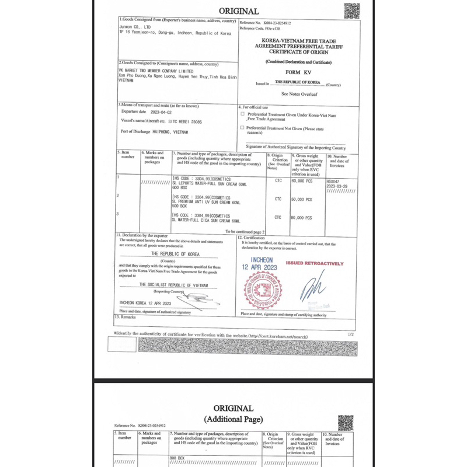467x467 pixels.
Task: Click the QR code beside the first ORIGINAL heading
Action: [351, 11]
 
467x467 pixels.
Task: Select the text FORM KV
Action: [298, 71]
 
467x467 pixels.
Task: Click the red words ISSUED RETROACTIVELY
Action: [315, 263]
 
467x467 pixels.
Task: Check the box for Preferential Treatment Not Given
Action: [243, 127]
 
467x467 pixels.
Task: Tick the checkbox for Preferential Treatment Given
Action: [243, 115]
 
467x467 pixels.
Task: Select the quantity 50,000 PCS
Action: [301, 199]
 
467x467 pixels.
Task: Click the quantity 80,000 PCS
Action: [301, 218]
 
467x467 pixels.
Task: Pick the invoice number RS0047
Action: [334, 181]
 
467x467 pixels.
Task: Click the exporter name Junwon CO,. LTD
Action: [136, 27]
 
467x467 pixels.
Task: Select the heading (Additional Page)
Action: [233, 419]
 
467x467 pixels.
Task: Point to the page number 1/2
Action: [350, 334]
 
